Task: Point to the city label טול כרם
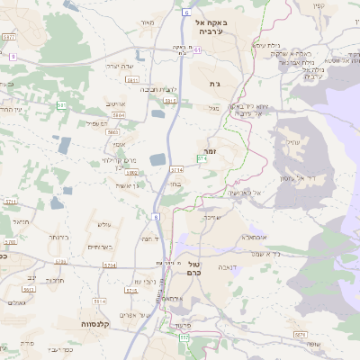coord(200,267)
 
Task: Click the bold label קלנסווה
coord(94,323)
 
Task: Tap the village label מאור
coord(148,22)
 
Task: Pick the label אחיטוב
coord(115,104)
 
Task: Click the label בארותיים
coord(98,247)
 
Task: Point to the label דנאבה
coord(234,267)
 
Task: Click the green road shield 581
coord(61,106)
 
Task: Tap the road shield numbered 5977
coord(9,37)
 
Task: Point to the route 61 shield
coord(197,50)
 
